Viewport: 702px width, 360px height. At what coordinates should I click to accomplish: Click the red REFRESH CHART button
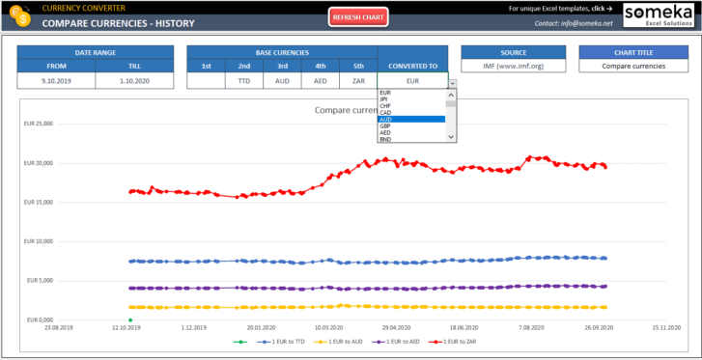[358, 17]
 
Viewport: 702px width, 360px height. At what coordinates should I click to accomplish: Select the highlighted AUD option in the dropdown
[410, 119]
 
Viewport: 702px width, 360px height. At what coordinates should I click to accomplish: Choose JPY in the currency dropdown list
[385, 98]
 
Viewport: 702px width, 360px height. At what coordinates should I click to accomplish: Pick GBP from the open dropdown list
[385, 125]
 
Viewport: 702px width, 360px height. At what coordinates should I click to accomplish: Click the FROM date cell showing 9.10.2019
[56, 82]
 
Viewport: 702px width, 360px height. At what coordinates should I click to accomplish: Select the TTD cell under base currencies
[243, 82]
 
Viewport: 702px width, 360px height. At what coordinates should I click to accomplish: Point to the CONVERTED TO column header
[412, 66]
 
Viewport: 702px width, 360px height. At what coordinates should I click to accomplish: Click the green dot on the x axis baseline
[129, 319]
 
